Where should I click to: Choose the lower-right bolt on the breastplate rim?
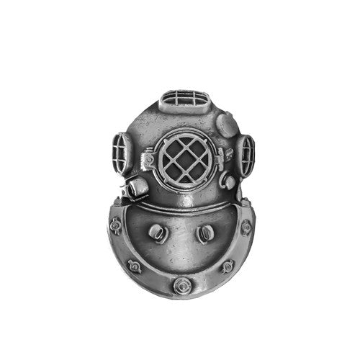tap(227, 266)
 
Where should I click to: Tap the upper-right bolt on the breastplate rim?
tap(246, 227)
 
